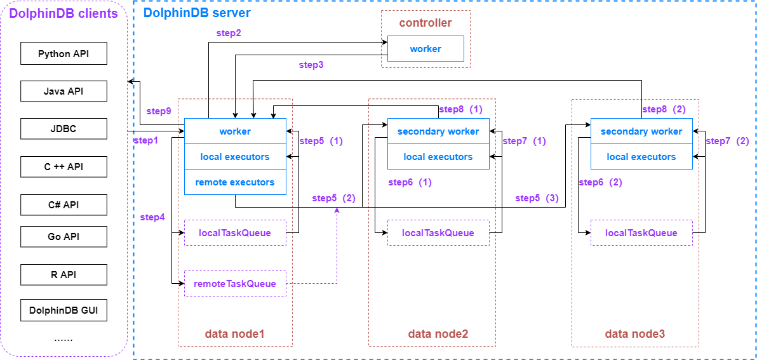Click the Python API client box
64,54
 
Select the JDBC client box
64,130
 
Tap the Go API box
64,237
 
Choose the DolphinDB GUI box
64,311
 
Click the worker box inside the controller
425,49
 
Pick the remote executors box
235,182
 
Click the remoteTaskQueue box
235,284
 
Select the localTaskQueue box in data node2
438,233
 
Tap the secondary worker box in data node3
641,131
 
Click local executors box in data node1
235,157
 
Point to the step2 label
229,32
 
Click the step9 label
159,110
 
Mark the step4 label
152,217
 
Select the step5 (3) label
537,198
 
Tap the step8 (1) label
460,109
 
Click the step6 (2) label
600,182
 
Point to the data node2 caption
438,334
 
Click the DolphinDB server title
197,13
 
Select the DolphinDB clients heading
64,13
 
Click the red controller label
425,23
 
